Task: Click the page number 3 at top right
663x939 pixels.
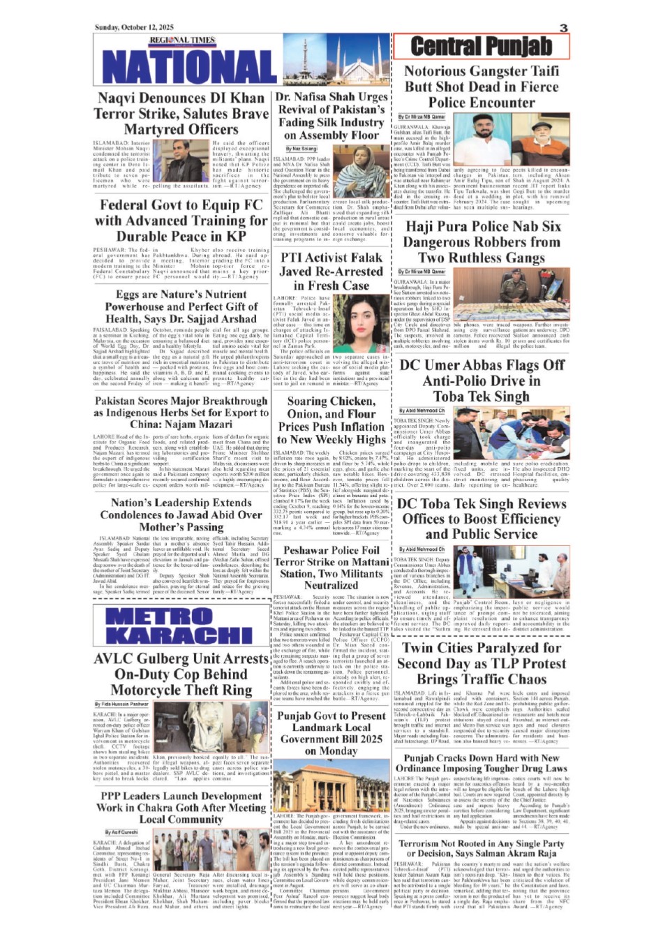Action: (563, 28)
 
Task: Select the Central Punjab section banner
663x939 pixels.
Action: (481, 46)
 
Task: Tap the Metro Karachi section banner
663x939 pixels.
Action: (180, 625)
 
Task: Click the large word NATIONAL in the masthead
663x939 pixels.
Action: (180, 66)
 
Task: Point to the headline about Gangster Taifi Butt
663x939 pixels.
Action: (482, 87)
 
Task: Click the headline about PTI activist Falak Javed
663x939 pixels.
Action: (331, 271)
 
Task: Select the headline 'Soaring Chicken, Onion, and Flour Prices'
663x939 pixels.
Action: (331, 420)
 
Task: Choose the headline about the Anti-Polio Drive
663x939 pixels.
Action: (482, 380)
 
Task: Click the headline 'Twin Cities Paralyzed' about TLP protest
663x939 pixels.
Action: (482, 663)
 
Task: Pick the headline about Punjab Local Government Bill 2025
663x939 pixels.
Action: (331, 733)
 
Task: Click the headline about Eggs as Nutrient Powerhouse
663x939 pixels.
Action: (181, 306)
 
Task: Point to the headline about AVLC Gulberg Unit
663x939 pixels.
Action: (181, 674)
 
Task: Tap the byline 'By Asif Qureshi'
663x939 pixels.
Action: (121, 832)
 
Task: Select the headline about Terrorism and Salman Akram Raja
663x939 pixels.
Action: (482, 848)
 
